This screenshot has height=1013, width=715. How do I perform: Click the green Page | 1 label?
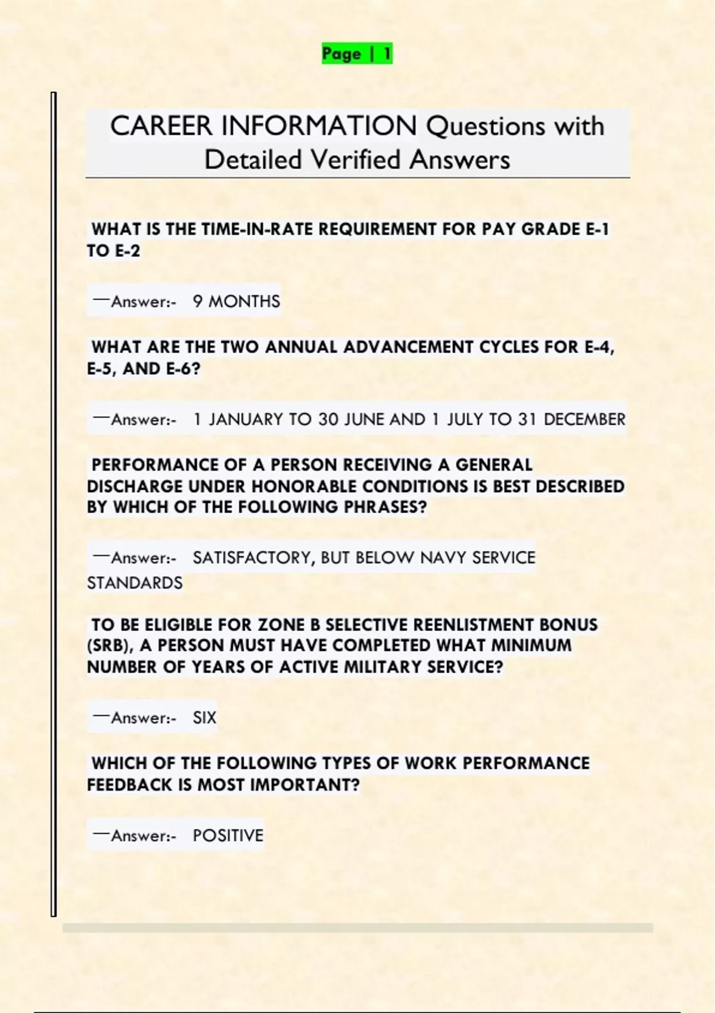click(x=357, y=54)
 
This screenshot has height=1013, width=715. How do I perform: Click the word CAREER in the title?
click(x=161, y=126)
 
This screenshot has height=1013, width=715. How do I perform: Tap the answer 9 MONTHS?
click(x=236, y=302)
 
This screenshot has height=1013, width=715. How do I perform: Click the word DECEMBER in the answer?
click(x=585, y=420)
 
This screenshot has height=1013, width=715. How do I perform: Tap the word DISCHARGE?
click(x=135, y=486)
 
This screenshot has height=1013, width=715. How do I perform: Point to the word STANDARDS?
click(x=135, y=583)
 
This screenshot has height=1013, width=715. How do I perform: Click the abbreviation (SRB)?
click(x=110, y=646)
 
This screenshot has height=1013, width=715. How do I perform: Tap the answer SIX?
click(x=204, y=717)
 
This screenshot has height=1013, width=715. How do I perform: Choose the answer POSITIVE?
click(x=228, y=835)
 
